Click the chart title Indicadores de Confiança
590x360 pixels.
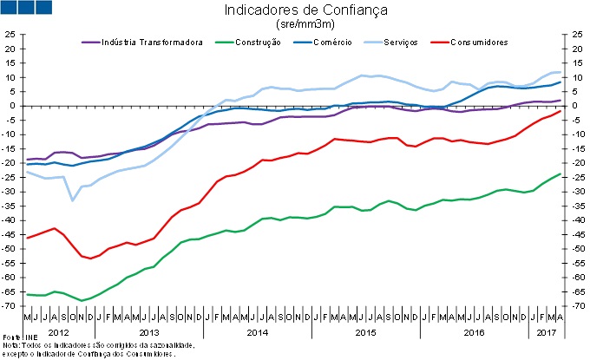coord(294,10)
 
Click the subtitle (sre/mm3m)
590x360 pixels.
coord(294,24)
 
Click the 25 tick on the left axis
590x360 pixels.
coord(10,35)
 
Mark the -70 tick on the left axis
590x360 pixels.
coord(9,306)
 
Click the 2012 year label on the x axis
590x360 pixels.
coord(58,332)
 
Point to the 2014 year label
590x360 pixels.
coord(257,332)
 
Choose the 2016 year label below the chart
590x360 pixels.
coord(474,332)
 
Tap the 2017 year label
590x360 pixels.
coord(547,332)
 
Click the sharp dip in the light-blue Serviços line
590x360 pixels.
coord(73,200)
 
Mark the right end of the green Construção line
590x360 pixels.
coord(560,173)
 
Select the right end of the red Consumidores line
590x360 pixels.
coord(560,110)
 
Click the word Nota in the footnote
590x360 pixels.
coord(11,345)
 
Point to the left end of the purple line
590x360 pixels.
coord(28,160)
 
